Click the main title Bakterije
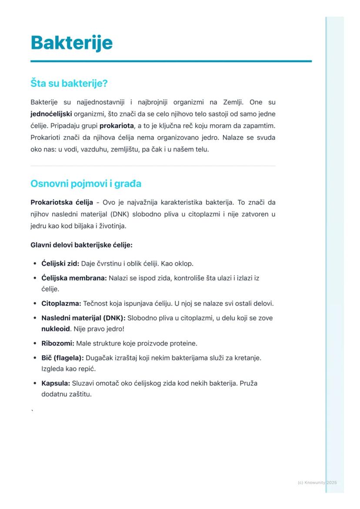72,43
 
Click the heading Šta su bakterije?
69,83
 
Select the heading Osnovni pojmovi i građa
86,183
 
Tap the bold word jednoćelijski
51,114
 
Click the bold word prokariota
117,126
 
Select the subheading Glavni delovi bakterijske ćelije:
81,245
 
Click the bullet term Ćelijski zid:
60,263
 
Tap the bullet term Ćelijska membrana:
74,278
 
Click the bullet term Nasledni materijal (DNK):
83,318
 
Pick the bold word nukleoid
55,329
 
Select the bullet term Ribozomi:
58,343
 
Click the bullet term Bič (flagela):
63,358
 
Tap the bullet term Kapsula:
56,384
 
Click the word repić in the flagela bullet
87,369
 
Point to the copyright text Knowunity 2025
317,482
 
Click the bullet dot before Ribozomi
34,344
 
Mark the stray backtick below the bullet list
32,410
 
